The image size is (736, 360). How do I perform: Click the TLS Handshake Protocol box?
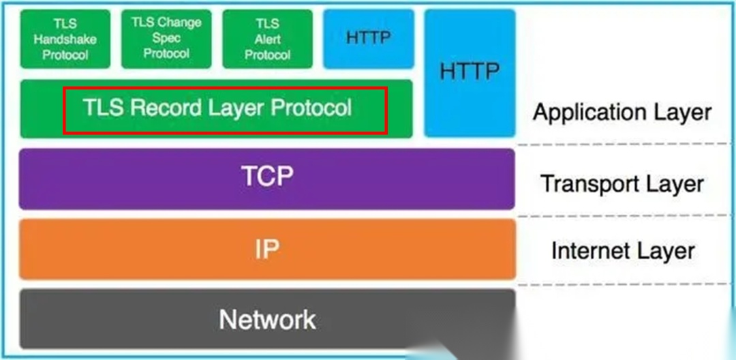(x=65, y=39)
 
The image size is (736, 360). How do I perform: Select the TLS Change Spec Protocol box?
(x=166, y=39)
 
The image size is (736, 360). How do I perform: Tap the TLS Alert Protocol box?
(x=267, y=39)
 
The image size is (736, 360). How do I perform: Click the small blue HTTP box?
(x=369, y=39)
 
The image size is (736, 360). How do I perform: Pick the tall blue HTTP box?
(x=470, y=72)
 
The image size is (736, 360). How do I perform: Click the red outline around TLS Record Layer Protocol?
(x=225, y=88)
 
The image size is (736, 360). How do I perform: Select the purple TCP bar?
(x=267, y=179)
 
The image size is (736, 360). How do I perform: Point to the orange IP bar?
(x=267, y=250)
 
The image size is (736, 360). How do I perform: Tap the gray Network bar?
(x=267, y=319)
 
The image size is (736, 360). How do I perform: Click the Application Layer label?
(x=622, y=112)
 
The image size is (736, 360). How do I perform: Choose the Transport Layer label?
(x=622, y=183)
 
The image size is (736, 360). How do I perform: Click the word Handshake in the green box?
(x=65, y=40)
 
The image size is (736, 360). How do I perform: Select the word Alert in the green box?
(x=267, y=40)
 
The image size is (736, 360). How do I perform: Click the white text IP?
(x=266, y=250)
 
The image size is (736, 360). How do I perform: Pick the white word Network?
(x=267, y=319)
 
